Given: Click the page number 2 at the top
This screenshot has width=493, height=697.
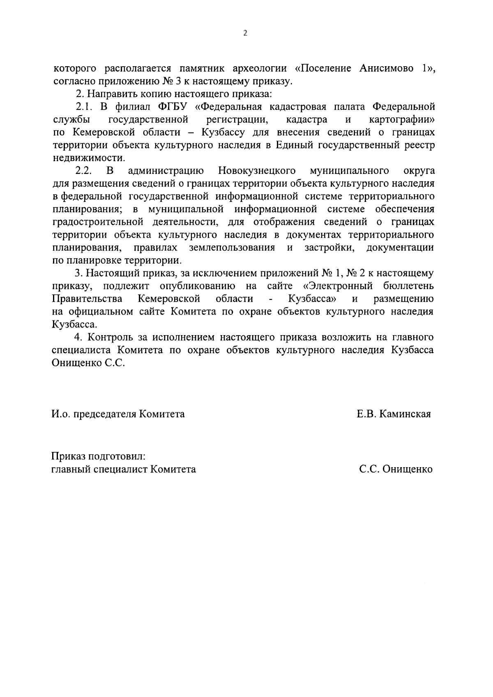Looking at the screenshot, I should (245, 34).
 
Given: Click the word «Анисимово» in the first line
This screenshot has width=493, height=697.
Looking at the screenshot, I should (386, 68).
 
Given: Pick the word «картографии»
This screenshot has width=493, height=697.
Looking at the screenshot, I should (402, 120).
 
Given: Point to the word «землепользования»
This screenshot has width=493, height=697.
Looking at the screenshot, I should (232, 248).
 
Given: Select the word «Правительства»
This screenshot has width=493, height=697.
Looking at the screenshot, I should (87, 299).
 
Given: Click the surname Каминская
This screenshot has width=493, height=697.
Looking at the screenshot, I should (405, 414).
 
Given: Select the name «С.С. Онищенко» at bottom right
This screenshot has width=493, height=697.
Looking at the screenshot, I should (395, 469).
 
